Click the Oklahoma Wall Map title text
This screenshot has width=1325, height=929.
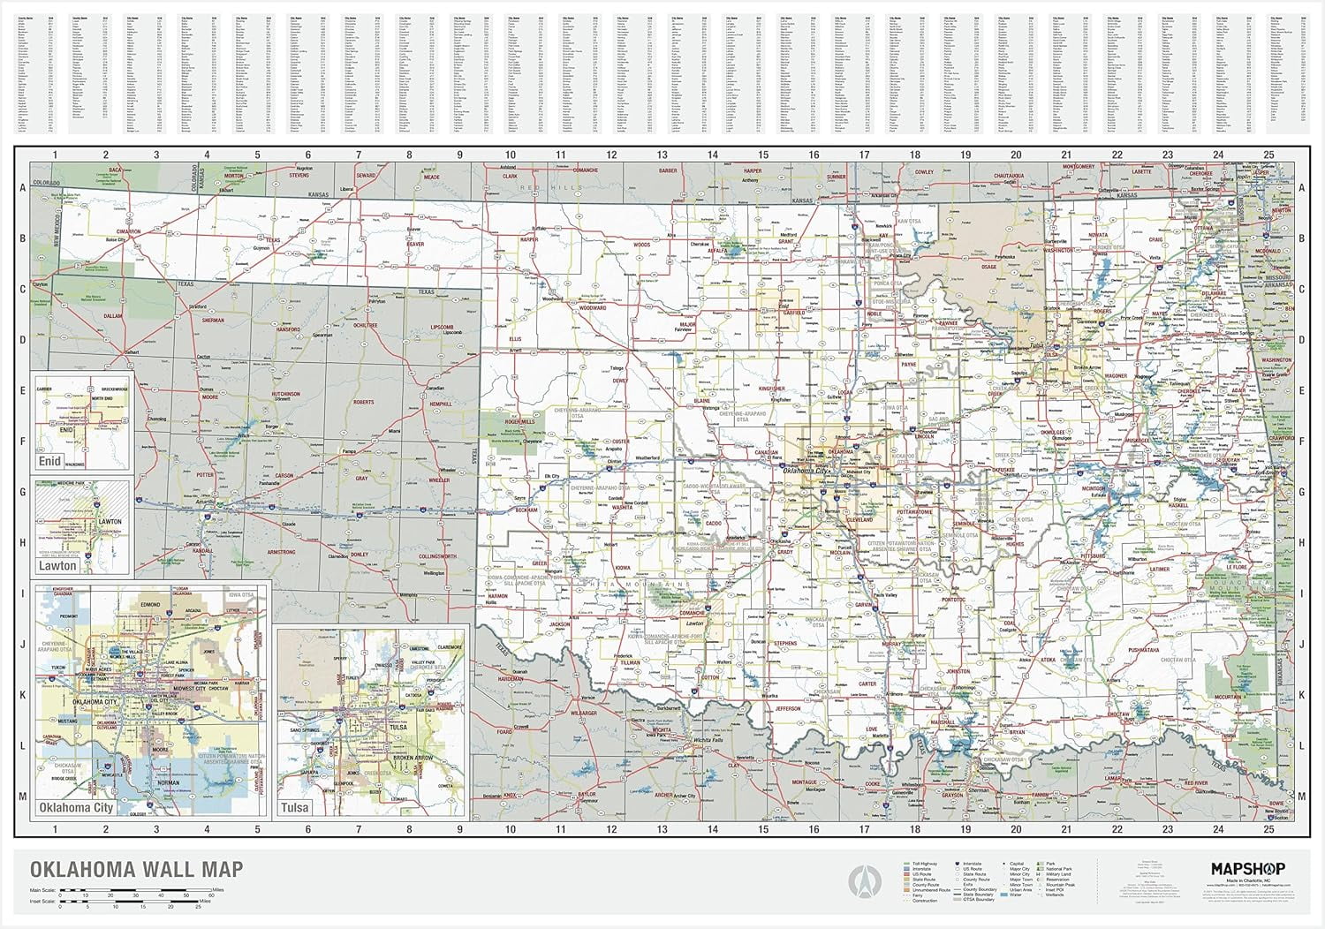point(137,870)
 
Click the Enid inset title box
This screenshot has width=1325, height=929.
point(49,461)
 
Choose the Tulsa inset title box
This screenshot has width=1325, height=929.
point(295,807)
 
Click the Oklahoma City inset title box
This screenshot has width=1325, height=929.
point(75,807)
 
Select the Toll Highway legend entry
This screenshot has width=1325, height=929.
point(919,863)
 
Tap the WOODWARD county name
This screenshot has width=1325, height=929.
point(593,308)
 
